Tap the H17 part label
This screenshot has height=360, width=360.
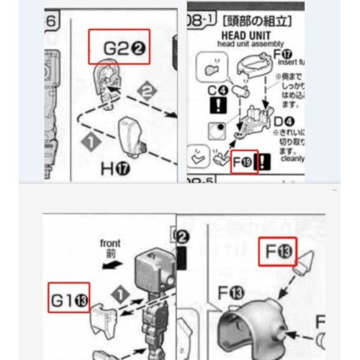click(116, 169)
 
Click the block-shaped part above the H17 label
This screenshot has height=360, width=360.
click(131, 135)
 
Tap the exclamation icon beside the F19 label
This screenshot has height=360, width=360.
click(263, 163)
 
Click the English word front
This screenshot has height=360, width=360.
click(110, 243)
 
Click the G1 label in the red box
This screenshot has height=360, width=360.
click(69, 299)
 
